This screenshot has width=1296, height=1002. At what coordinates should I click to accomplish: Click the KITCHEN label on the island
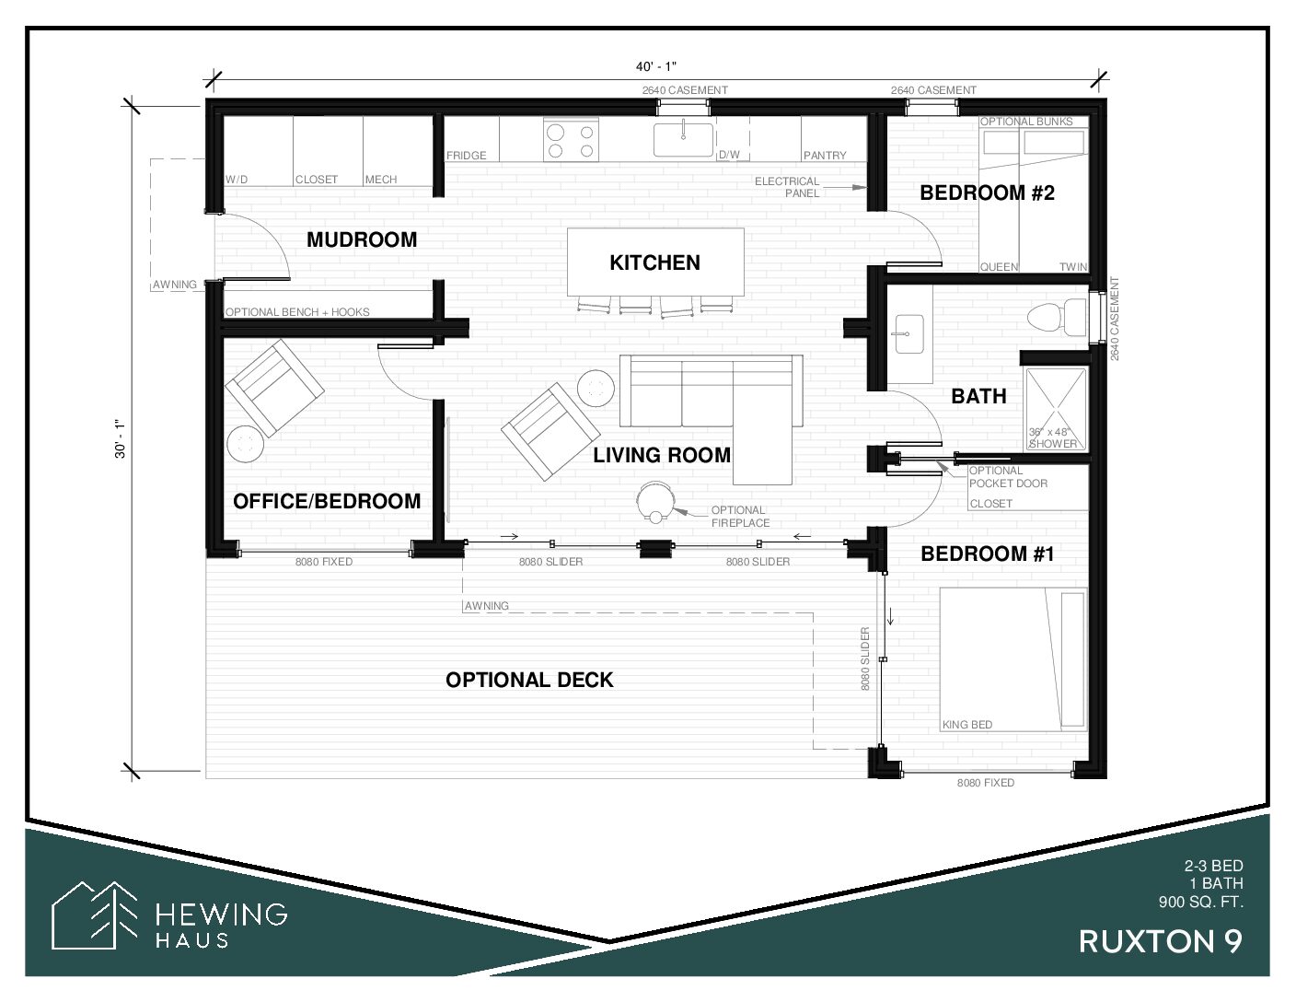(x=654, y=262)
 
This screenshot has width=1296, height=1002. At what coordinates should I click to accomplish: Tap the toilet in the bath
(x=1058, y=317)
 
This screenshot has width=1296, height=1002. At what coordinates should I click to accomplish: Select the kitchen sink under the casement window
(x=683, y=139)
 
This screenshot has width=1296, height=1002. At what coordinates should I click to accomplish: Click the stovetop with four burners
(x=571, y=140)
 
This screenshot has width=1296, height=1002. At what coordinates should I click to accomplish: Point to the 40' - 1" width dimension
(x=656, y=66)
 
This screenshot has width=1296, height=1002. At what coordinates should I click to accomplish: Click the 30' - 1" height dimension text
(x=121, y=438)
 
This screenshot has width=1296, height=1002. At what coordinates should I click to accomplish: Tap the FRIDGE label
(x=467, y=155)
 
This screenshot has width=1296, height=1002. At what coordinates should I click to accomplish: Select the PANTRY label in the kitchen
(x=825, y=155)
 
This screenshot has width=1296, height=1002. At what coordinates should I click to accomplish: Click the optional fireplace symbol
(x=655, y=502)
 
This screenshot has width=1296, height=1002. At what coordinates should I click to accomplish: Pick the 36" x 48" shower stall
(x=1056, y=409)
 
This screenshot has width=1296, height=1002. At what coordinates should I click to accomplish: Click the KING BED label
(x=967, y=725)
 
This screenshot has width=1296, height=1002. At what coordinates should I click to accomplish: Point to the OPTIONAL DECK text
(x=529, y=680)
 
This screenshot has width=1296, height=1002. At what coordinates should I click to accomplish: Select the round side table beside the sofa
(x=596, y=389)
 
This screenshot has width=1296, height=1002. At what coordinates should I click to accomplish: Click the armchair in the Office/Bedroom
(x=274, y=388)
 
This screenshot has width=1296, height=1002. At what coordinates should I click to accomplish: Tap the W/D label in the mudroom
(x=237, y=180)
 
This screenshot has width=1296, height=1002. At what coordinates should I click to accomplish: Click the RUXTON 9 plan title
(x=1160, y=942)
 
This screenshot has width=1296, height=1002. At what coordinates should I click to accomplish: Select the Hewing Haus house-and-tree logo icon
(x=95, y=915)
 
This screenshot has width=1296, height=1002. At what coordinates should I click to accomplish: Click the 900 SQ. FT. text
(x=1201, y=902)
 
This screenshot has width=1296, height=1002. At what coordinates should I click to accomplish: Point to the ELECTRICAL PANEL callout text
(x=787, y=187)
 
